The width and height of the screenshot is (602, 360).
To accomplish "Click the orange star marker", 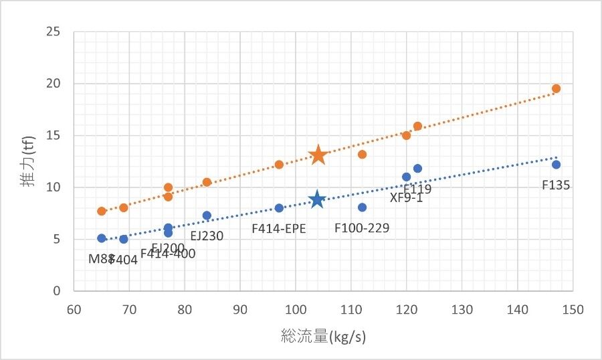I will pyautogui.click(x=318, y=155).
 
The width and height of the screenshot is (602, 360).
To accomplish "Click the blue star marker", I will pyautogui.click(x=317, y=200).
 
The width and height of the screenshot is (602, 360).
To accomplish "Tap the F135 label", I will pyautogui.click(x=556, y=185).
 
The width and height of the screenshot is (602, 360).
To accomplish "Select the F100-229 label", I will pyautogui.click(x=362, y=228).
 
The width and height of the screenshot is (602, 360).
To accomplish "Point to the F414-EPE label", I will pyautogui.click(x=279, y=228).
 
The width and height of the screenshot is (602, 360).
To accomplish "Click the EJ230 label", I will pyautogui.click(x=207, y=236).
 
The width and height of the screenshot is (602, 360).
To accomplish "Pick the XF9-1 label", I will pyautogui.click(x=406, y=198).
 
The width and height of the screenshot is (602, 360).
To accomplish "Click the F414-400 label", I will pyautogui.click(x=168, y=254).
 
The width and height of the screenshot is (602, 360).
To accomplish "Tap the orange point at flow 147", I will pyautogui.click(x=556, y=88).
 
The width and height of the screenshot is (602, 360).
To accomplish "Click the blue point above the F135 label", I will pyautogui.click(x=556, y=165).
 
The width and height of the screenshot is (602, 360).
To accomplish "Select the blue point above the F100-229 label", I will pyautogui.click(x=362, y=207).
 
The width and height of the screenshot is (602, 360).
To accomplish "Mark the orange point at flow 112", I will pyautogui.click(x=362, y=155).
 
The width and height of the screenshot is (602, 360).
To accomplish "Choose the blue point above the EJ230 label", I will pyautogui.click(x=207, y=215).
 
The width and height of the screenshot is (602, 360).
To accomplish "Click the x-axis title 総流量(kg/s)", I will pyautogui.click(x=324, y=337).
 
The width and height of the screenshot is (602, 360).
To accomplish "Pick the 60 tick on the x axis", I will pyautogui.click(x=74, y=310).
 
